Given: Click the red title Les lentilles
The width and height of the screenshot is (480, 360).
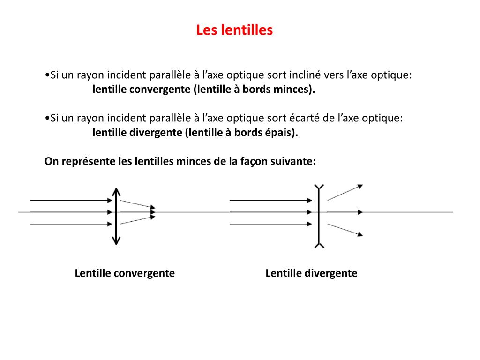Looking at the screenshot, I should (x=234, y=30).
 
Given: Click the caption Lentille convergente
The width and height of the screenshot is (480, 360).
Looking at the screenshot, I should (x=125, y=273).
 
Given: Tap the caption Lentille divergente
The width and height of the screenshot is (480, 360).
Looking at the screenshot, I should (x=311, y=273).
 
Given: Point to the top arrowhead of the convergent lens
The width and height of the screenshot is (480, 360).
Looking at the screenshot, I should (x=116, y=191).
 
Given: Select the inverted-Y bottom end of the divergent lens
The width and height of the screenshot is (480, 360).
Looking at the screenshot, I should (x=319, y=244).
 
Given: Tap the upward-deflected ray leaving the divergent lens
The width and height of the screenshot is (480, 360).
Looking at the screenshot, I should (x=345, y=192).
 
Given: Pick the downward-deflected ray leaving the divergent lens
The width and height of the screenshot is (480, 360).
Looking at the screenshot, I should (x=345, y=229).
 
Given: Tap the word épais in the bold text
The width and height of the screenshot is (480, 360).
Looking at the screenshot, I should (x=282, y=133).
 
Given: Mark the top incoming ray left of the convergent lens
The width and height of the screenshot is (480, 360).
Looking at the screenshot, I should (x=70, y=200).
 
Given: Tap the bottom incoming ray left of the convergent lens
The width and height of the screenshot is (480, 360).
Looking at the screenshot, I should (x=70, y=224).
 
